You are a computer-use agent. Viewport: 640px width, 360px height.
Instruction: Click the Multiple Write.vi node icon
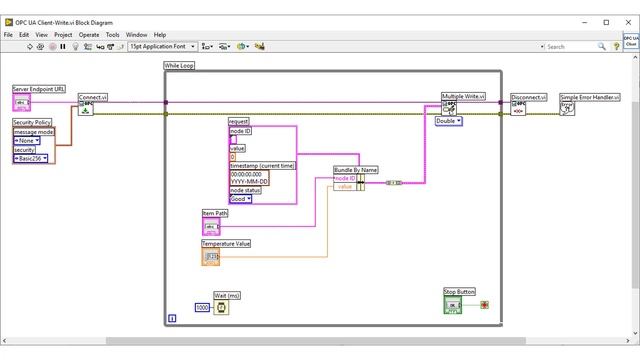[x=451, y=108]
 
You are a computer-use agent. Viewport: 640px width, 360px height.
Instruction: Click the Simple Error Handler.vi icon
[x=567, y=108]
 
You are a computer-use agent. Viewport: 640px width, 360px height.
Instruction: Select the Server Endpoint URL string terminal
[x=21, y=102]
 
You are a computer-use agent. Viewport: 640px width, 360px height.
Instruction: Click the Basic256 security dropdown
[x=31, y=158]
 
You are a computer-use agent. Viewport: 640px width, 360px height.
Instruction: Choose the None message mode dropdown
[x=27, y=141]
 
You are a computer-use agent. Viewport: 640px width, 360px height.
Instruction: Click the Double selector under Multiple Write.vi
[x=448, y=121]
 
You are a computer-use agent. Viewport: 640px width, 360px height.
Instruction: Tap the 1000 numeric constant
[x=203, y=308]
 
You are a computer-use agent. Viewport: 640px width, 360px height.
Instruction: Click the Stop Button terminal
[x=452, y=305]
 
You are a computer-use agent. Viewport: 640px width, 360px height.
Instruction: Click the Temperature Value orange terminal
[x=212, y=257]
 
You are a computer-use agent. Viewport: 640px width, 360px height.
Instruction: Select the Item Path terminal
[x=211, y=227]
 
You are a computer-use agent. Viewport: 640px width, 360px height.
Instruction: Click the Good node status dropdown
[x=241, y=199]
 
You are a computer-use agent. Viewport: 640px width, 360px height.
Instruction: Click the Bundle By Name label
[x=355, y=170]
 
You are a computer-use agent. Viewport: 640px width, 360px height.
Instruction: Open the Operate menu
[x=89, y=34]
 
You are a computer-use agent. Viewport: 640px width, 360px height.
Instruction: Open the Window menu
[x=137, y=34]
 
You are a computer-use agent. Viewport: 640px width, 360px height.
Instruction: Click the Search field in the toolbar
[x=574, y=46]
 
